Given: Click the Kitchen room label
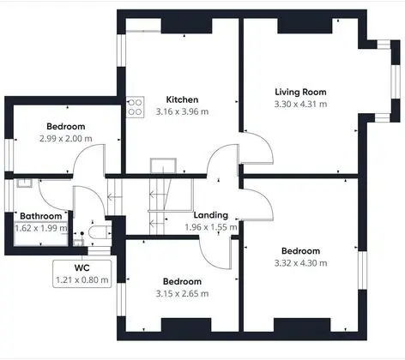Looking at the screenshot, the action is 182,99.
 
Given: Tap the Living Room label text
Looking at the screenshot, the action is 300,92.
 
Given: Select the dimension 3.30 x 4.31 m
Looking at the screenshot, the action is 300,104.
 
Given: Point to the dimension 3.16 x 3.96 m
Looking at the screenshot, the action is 182,111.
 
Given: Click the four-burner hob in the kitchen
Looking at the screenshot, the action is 135,107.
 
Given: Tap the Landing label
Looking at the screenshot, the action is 211,215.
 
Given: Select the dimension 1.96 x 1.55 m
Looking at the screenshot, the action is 211,227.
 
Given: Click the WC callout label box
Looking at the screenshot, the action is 82,273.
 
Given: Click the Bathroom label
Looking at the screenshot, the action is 41,216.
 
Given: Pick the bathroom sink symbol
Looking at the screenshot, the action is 24,183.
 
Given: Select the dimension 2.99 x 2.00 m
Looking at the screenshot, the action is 66,139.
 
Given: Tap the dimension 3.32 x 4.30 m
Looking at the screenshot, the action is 300,263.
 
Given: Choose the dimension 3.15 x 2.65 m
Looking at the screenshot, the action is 182,294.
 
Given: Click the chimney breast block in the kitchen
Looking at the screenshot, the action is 187,26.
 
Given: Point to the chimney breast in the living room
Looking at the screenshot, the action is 305,26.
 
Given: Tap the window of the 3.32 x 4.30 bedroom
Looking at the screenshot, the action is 362,271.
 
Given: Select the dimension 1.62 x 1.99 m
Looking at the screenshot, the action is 41,228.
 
